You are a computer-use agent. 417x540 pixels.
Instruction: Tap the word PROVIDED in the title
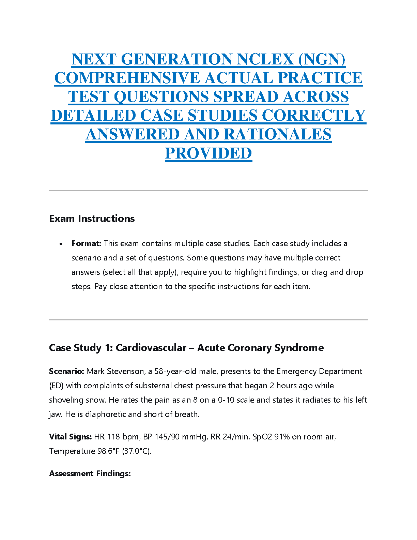(x=208, y=153)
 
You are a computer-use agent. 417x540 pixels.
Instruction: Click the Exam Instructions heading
(x=92, y=219)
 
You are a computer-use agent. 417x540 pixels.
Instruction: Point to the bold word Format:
(x=87, y=243)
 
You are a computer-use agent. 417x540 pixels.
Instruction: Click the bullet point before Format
(x=61, y=244)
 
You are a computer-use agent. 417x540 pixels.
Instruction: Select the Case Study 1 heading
(x=186, y=348)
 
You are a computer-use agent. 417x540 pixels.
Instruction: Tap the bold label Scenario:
(x=66, y=371)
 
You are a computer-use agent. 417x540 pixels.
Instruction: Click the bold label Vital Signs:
(x=71, y=437)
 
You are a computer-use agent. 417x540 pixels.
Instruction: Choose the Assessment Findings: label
(x=90, y=474)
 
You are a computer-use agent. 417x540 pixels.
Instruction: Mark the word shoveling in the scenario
(x=65, y=400)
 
